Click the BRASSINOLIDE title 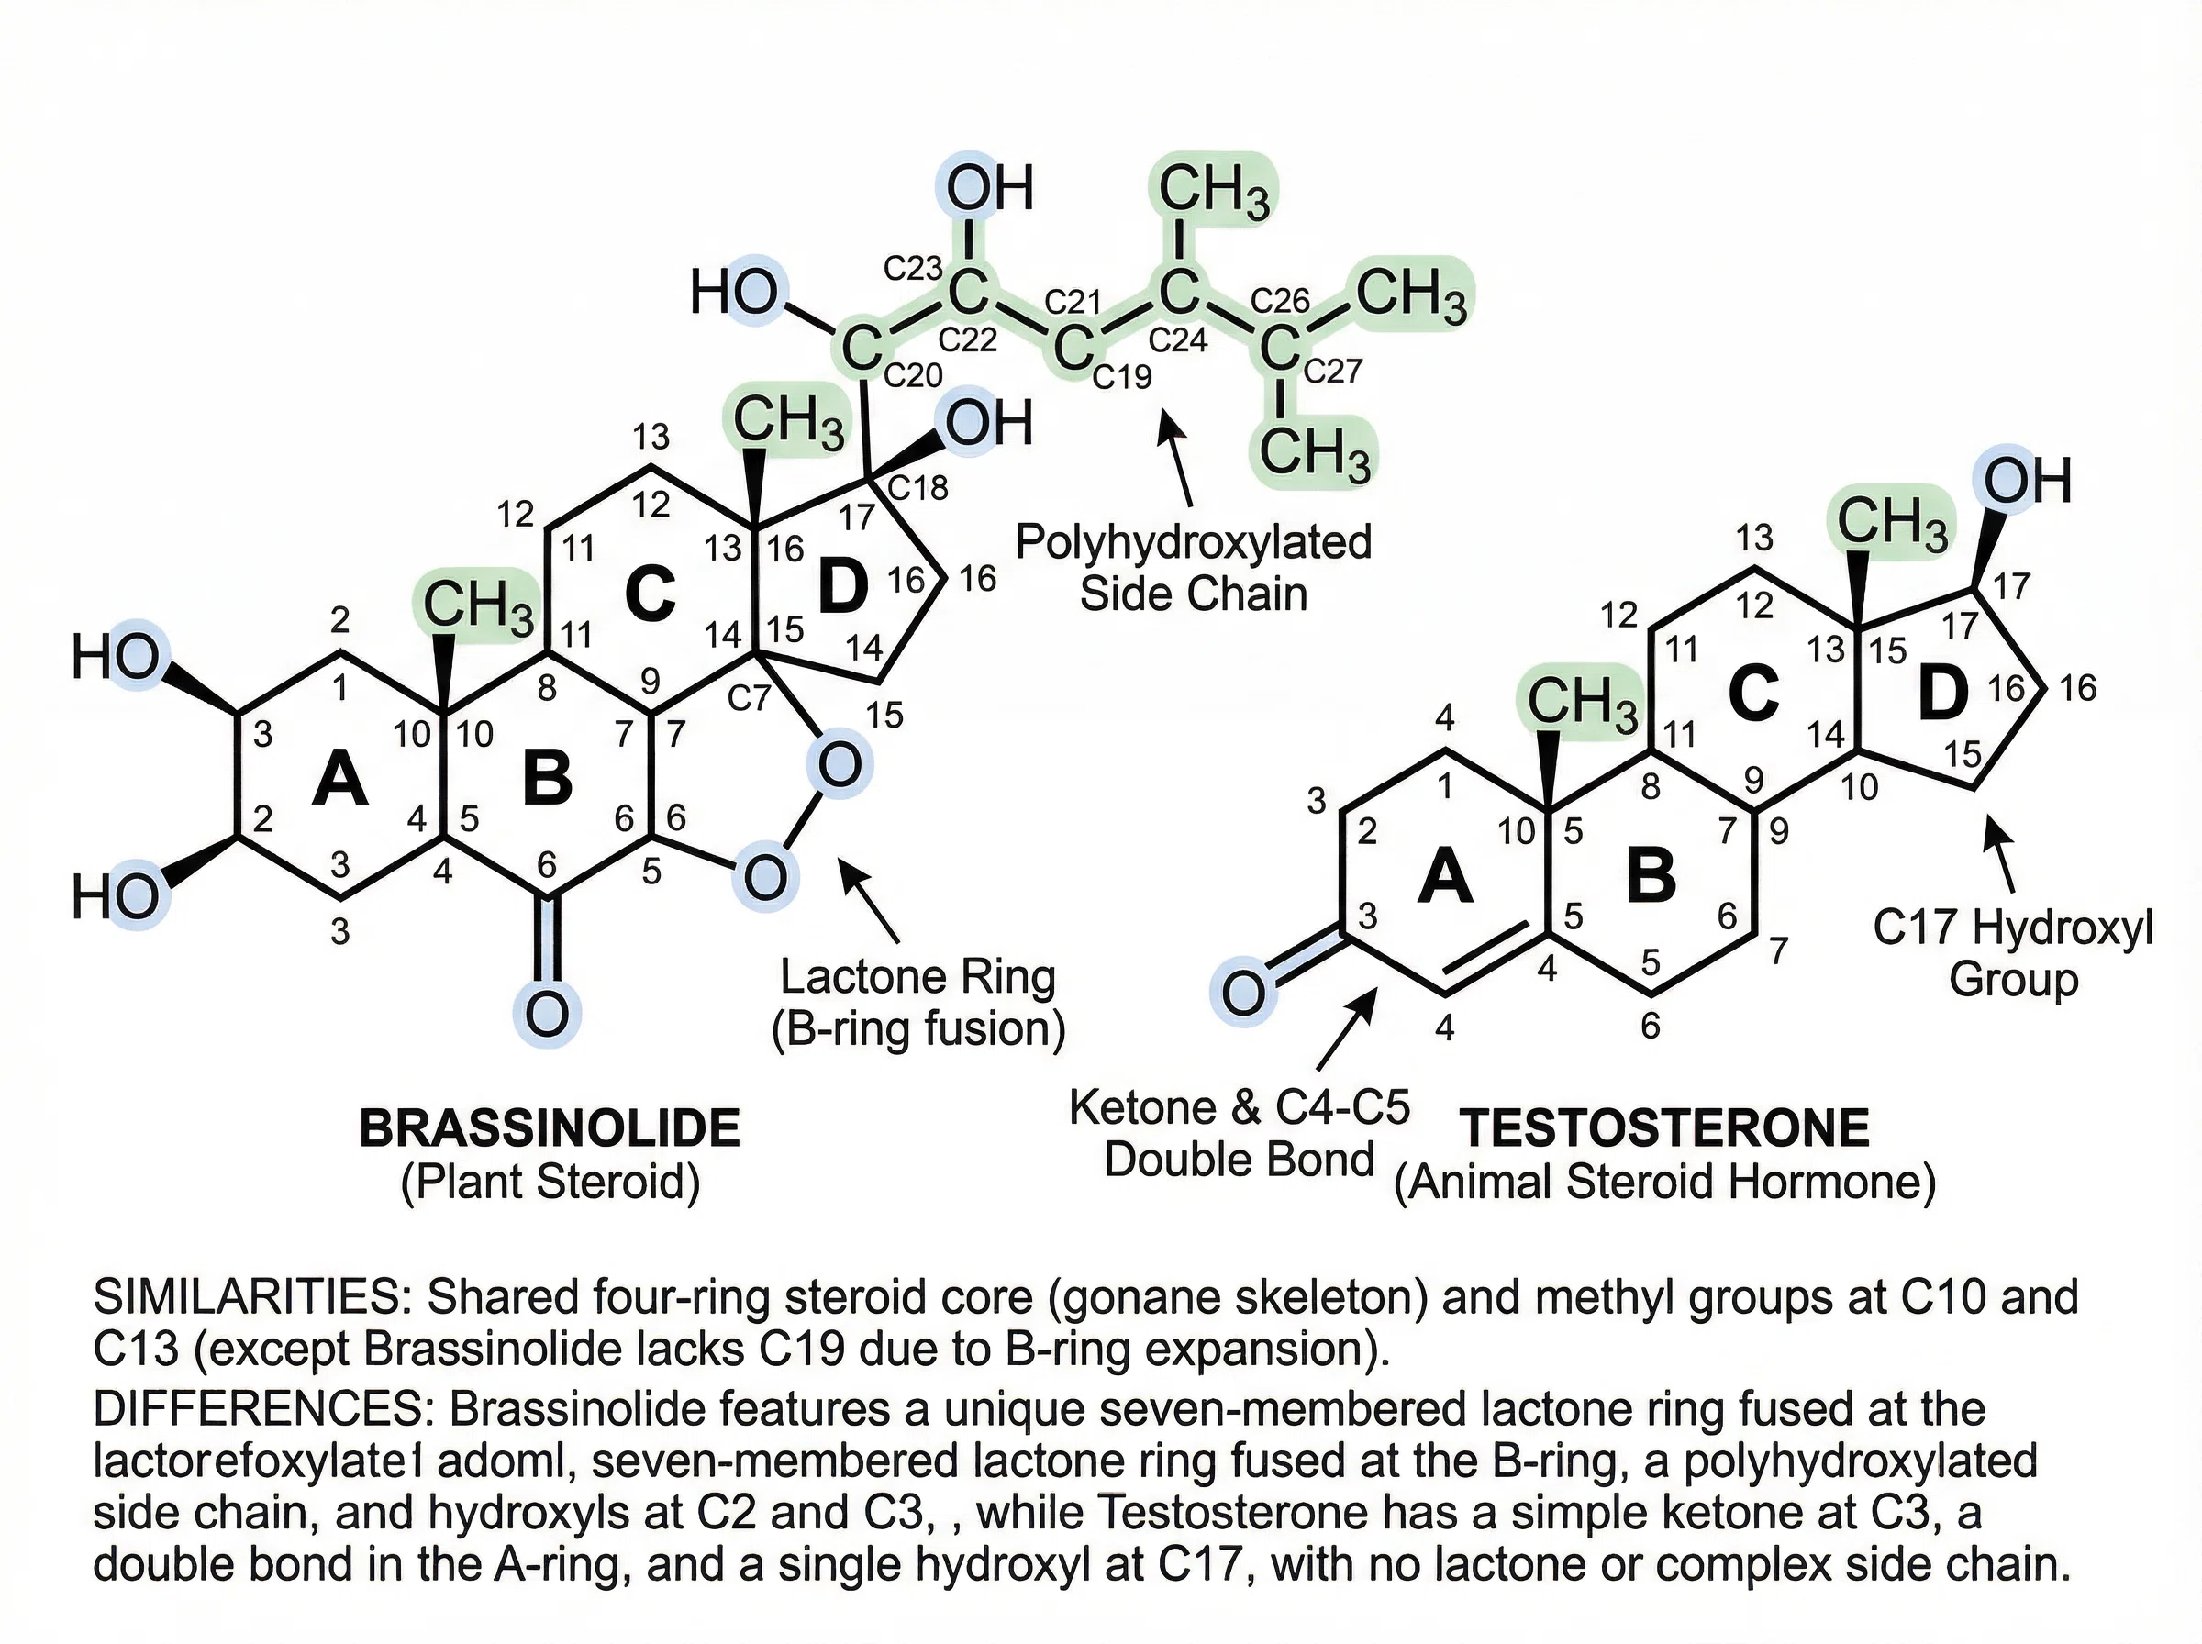coord(550,1128)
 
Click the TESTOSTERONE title coord(1664,1128)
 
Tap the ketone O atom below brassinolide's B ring coord(546,1014)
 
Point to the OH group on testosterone coord(2027,482)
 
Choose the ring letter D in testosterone coord(1942,694)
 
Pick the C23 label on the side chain coord(914,268)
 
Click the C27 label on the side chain coord(1332,372)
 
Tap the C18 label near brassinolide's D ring coord(917,488)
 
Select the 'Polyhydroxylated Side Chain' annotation coord(1193,568)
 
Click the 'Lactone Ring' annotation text coord(917,976)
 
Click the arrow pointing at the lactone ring coord(871,900)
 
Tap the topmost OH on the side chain coord(989,188)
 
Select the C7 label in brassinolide coord(749,697)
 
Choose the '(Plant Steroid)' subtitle coord(550,1182)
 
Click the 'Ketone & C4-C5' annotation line coord(1240,1106)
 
